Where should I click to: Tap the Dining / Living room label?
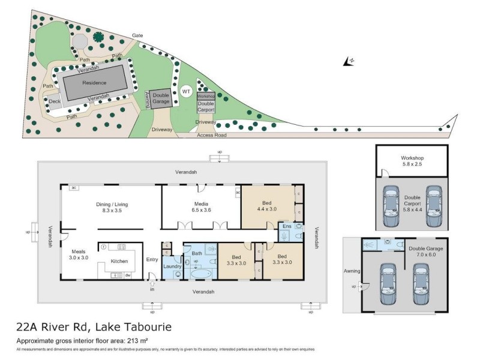(x=112, y=205)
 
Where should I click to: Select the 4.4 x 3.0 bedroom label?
(x=268, y=205)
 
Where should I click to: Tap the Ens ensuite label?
(x=287, y=227)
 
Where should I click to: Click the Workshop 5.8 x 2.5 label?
(x=412, y=161)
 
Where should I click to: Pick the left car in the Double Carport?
(x=391, y=206)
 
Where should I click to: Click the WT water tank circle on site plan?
(x=186, y=92)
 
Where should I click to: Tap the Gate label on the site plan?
(x=137, y=35)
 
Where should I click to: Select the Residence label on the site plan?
(x=94, y=83)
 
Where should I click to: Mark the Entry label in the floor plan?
(x=152, y=259)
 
